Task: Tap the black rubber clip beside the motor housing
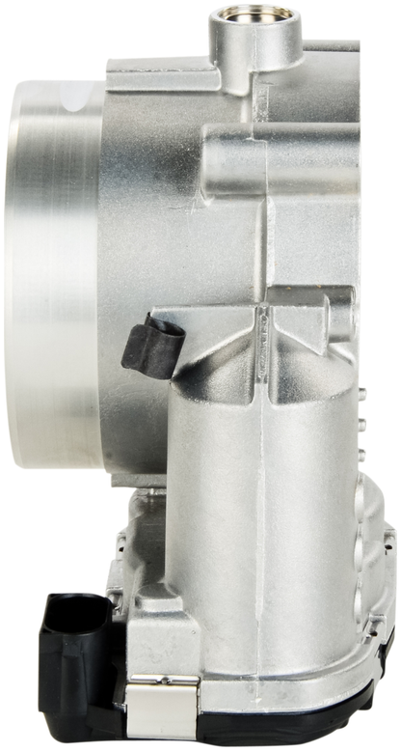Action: click(152, 341)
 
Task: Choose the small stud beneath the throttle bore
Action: click(145, 490)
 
